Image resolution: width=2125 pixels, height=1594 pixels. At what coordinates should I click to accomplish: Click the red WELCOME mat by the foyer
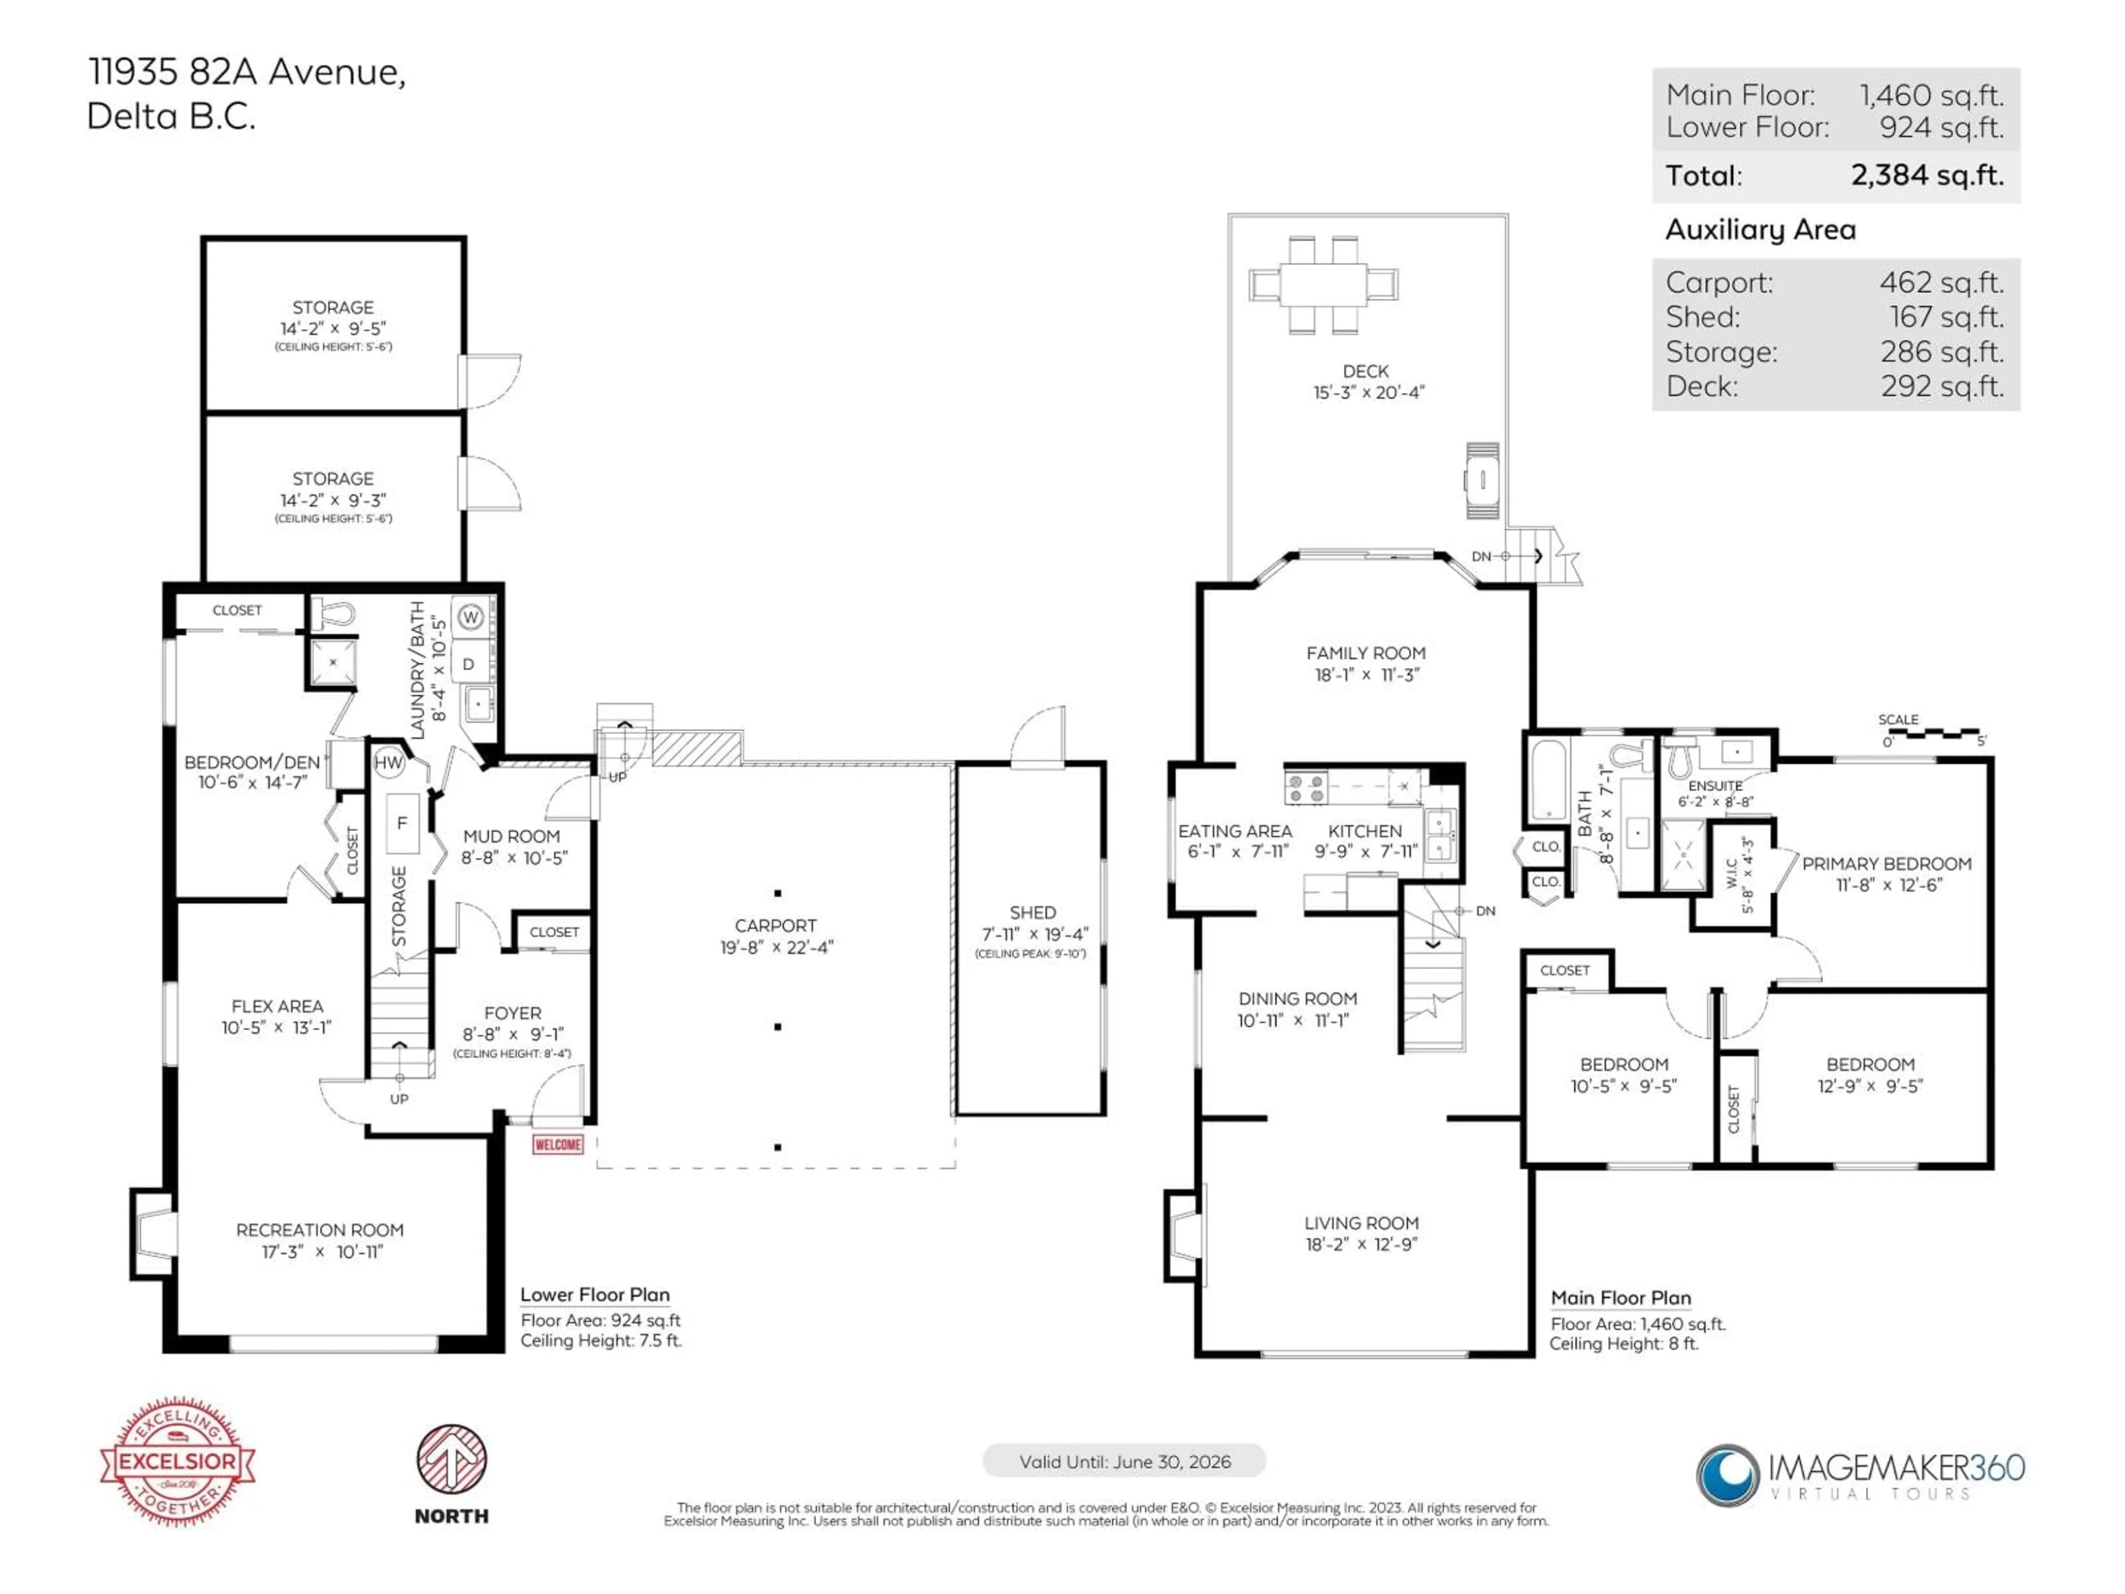(x=557, y=1145)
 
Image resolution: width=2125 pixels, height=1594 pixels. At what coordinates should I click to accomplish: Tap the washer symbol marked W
(x=470, y=618)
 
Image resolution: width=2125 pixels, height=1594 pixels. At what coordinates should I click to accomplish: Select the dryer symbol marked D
(x=469, y=665)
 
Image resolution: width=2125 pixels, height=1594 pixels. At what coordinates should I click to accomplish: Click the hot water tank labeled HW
(x=388, y=763)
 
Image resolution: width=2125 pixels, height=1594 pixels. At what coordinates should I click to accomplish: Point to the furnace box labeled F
(x=402, y=824)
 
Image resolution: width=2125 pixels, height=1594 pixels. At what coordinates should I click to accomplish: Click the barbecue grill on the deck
(x=1483, y=480)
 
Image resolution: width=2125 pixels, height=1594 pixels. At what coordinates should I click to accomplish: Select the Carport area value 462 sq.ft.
(x=1941, y=282)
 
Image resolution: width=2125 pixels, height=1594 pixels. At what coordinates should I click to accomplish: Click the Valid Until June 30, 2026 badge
(x=1124, y=1461)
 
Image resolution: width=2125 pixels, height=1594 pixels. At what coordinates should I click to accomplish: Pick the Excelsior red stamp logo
(x=178, y=1461)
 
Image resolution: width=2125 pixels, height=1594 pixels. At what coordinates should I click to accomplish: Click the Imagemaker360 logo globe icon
(x=1727, y=1474)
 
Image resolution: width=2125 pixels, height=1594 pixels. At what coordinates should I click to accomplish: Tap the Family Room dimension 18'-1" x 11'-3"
(x=1366, y=675)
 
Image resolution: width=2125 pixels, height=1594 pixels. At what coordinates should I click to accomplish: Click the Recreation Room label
(x=320, y=1230)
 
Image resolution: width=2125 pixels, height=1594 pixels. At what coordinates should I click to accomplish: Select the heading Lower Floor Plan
(x=595, y=1294)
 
